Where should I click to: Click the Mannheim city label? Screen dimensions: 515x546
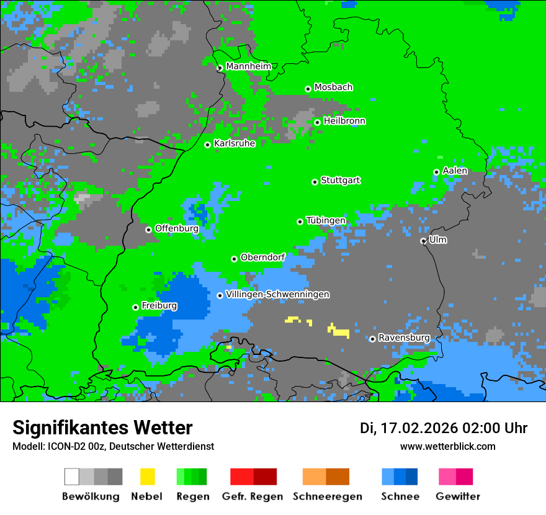click(248, 66)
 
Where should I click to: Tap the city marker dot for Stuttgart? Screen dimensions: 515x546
click(315, 182)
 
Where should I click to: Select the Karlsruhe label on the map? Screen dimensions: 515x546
click(234, 143)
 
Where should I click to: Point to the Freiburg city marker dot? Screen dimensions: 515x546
click(135, 307)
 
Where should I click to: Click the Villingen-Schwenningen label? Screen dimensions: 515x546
click(277, 295)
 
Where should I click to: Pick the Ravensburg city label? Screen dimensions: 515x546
click(404, 338)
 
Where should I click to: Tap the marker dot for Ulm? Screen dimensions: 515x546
click(423, 241)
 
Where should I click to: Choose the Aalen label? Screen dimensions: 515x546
click(455, 171)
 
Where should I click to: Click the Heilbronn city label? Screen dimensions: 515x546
click(344, 121)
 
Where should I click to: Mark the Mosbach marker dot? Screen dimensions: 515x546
click(308, 89)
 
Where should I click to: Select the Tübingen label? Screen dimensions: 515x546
click(326, 220)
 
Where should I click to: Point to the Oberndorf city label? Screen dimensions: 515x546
click(262, 257)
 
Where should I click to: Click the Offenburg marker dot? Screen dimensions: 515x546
click(148, 230)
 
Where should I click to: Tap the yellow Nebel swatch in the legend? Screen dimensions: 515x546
click(147, 477)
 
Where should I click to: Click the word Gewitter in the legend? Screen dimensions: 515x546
click(457, 496)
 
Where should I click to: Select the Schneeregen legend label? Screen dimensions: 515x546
click(327, 496)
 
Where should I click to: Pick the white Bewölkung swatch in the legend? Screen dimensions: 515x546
click(72, 477)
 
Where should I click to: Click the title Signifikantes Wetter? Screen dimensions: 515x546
click(102, 428)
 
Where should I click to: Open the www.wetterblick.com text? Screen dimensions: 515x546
click(447, 446)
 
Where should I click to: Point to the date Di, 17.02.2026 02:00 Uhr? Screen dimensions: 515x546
click(443, 428)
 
